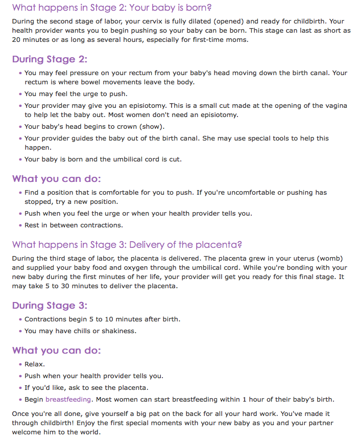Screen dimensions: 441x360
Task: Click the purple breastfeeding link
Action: coord(68,399)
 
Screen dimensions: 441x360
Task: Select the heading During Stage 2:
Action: coord(50,59)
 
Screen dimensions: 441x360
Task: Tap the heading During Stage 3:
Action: coord(50,305)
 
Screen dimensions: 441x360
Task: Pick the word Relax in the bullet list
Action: coord(34,364)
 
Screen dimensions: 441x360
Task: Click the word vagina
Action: coord(334,106)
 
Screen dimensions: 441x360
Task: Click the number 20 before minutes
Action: coord(16,40)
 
